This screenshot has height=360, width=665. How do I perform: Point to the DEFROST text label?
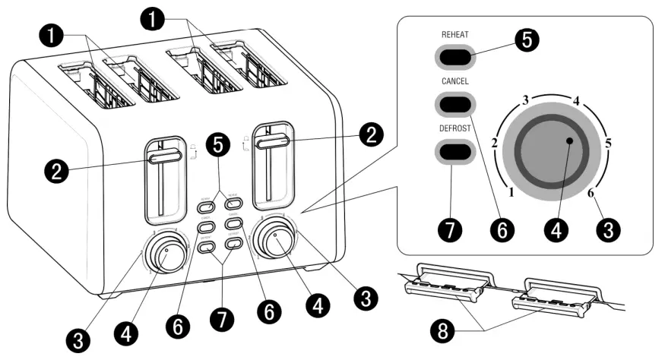click(454, 128)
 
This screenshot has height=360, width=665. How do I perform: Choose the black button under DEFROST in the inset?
click(454, 151)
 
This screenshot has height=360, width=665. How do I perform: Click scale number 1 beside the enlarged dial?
click(512, 193)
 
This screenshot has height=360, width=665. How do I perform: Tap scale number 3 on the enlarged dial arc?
click(525, 99)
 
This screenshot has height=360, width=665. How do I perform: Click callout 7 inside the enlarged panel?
click(451, 229)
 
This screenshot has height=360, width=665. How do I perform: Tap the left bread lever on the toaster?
click(164, 156)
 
